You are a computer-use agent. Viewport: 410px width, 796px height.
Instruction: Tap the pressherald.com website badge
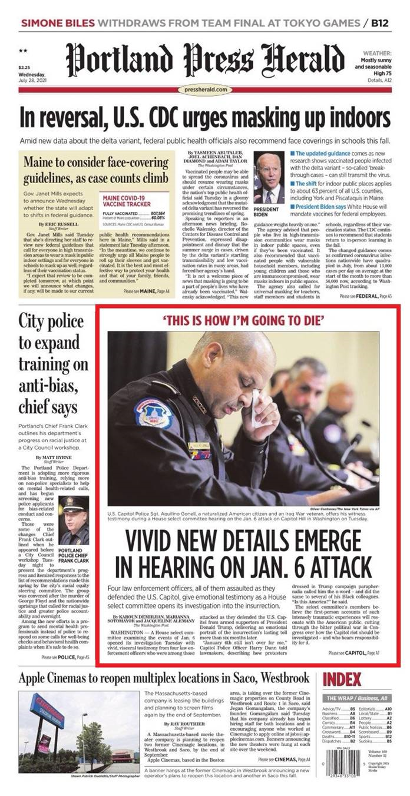(205, 89)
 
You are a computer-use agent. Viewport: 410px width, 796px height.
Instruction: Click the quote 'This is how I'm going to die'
(247, 321)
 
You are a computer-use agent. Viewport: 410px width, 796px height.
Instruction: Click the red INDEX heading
(342, 679)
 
